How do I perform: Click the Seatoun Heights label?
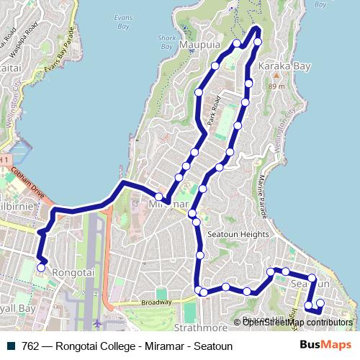click(x=238, y=234)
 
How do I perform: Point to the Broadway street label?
click(x=157, y=303)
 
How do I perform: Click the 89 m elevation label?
click(x=276, y=87)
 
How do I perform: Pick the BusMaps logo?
click(x=328, y=346)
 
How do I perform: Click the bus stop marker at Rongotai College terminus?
click(x=40, y=268)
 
